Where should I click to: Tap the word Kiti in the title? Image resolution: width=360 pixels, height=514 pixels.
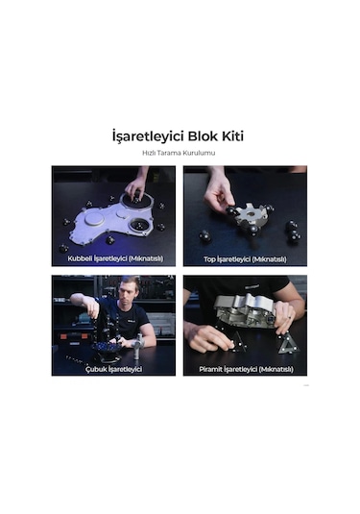point(233,136)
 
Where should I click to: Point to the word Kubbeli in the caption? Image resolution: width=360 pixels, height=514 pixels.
point(80,258)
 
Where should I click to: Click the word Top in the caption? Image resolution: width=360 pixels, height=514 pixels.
point(209,259)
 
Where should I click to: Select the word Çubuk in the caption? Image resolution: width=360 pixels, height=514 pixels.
point(95,370)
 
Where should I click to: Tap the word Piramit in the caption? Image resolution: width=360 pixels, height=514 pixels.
point(211,370)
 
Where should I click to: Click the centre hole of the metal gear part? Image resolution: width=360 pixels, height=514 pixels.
point(251,214)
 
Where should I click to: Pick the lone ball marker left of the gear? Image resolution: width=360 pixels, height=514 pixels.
point(205,235)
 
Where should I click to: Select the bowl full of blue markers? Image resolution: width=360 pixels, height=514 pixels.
point(107,349)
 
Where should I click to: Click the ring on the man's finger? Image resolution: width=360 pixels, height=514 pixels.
point(290,318)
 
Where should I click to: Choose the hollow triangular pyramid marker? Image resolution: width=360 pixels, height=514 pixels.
point(288,345)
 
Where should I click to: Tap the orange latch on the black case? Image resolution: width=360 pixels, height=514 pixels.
point(64,336)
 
